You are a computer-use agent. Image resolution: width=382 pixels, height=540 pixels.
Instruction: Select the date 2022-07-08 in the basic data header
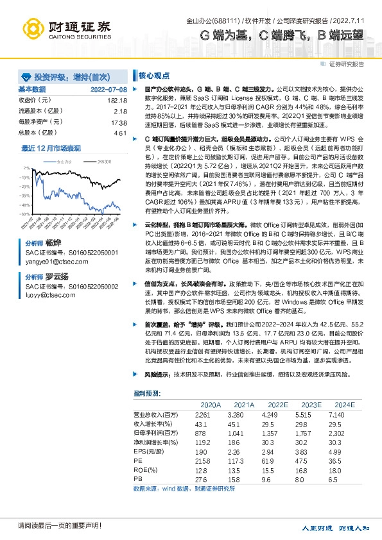(x=109, y=89)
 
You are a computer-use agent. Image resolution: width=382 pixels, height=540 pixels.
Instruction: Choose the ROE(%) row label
(x=144, y=469)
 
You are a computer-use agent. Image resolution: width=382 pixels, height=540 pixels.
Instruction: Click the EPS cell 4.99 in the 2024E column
(x=345, y=451)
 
